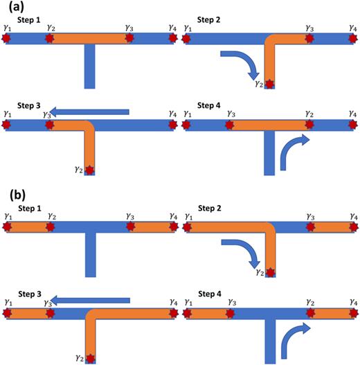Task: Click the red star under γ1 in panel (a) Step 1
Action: click(8, 39)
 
